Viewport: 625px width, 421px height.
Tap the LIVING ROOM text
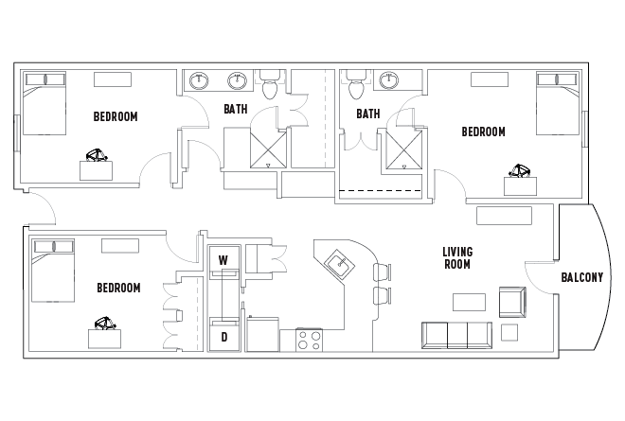click(457, 258)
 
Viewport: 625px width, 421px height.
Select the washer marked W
click(223, 259)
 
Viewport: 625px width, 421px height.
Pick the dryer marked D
click(223, 336)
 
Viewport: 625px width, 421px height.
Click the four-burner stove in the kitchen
click(310, 339)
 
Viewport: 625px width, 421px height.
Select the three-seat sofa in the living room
click(455, 334)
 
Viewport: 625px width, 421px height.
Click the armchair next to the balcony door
click(511, 302)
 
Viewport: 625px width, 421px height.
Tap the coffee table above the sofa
click(469, 302)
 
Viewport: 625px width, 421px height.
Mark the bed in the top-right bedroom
click(557, 101)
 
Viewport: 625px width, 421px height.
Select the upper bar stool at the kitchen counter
click(383, 272)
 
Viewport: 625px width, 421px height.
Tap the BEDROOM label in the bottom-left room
click(118, 288)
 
